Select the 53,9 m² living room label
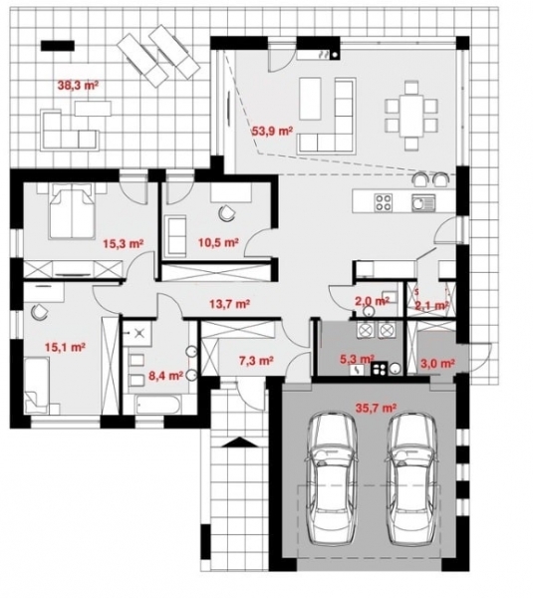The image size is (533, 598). click(x=270, y=130)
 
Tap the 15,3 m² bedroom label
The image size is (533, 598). click(x=124, y=241)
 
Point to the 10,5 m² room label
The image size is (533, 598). click(x=217, y=241)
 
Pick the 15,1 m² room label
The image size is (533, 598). click(x=64, y=348)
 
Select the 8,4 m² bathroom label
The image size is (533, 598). click(x=164, y=376)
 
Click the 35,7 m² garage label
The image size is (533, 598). click(x=377, y=408)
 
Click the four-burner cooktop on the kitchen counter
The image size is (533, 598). click(x=384, y=203)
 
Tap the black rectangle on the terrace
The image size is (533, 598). click(x=57, y=44)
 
